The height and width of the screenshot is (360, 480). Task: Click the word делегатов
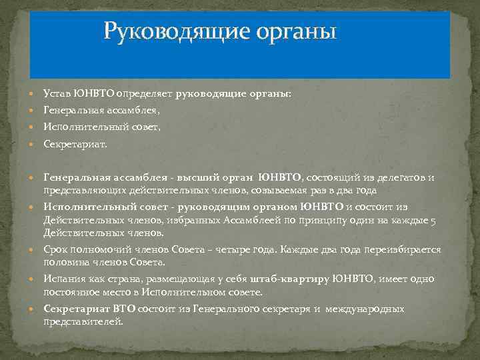point(398,177)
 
